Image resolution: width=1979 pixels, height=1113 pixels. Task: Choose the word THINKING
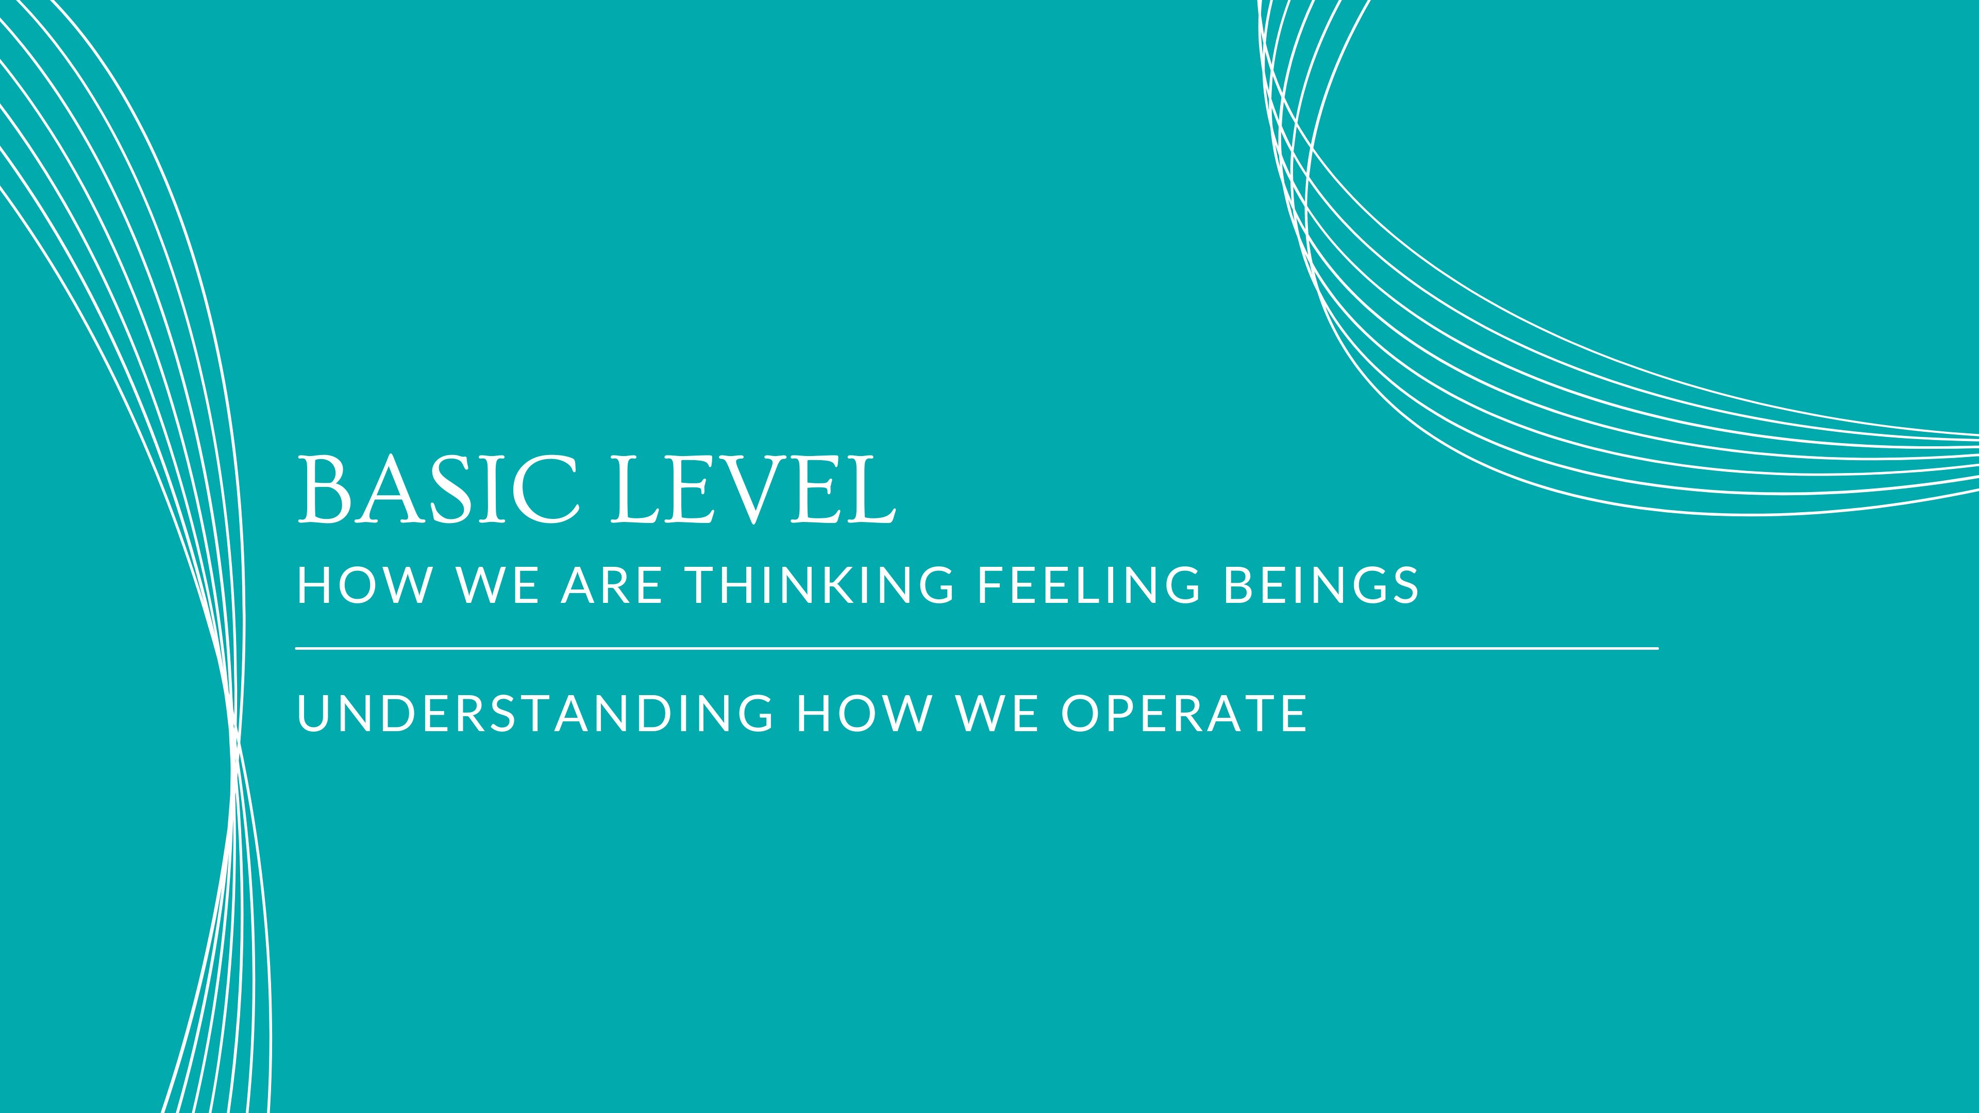click(820, 585)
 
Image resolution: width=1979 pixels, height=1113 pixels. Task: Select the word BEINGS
click(1320, 585)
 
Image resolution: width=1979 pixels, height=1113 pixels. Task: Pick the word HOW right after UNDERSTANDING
click(864, 714)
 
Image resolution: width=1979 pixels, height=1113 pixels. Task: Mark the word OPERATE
click(1184, 714)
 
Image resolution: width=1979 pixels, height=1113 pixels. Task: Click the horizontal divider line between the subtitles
click(976, 648)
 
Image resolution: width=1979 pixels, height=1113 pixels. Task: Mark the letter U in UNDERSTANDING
click(313, 714)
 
